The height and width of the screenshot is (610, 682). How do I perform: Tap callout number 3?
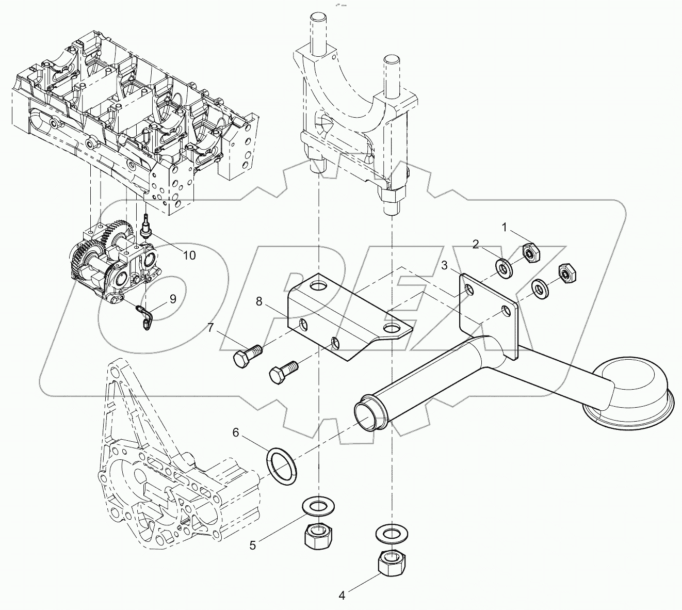pos(443,266)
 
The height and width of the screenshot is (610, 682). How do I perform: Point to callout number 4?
pos(341,596)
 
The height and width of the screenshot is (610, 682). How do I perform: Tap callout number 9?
pos(172,299)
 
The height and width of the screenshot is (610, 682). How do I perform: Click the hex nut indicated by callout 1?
pos(530,252)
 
